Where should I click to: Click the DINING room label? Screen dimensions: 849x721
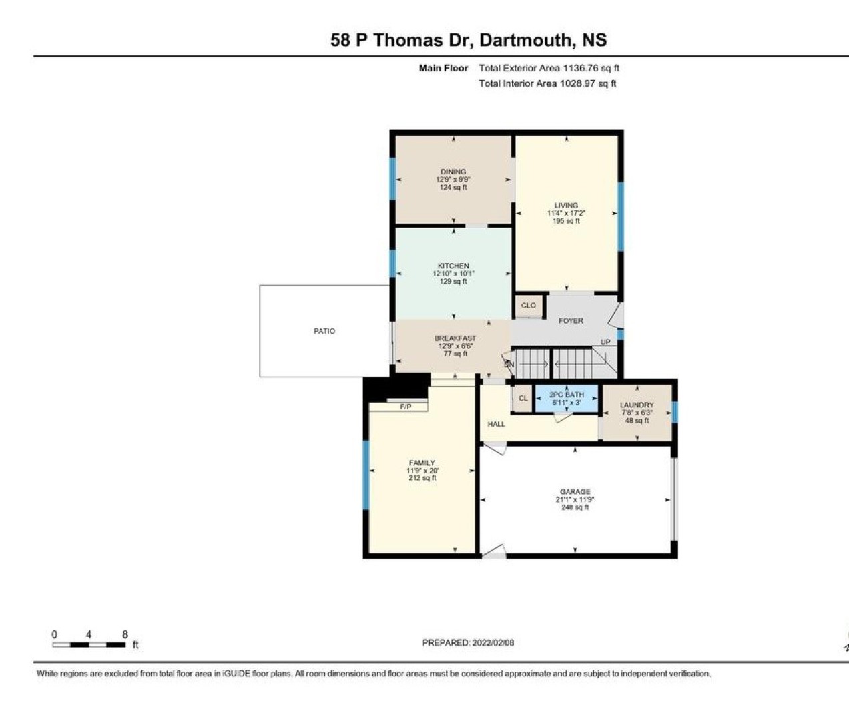point(453,172)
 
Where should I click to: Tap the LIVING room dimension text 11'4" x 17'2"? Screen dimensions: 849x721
point(566,213)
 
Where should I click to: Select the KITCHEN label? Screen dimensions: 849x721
point(453,266)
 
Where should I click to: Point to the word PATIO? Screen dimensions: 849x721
point(324,331)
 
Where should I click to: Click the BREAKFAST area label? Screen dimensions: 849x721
point(455,338)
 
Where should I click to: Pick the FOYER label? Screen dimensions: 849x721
point(571,321)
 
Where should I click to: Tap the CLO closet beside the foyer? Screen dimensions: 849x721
point(529,306)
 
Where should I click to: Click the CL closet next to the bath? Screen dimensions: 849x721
point(523,398)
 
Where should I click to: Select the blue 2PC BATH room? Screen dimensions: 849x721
point(567,398)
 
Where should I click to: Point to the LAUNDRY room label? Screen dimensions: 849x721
point(637,405)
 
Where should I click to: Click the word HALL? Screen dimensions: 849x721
point(496,424)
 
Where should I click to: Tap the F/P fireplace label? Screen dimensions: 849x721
point(406,407)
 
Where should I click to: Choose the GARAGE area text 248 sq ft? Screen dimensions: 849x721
point(575,507)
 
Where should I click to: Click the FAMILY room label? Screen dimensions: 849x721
point(422,463)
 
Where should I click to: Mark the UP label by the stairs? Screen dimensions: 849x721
point(605,342)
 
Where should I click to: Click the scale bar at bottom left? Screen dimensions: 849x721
point(89,645)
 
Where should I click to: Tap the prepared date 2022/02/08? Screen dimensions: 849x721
point(493,643)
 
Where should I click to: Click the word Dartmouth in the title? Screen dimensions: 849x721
point(525,40)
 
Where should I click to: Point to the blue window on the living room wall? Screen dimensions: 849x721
point(621,216)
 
